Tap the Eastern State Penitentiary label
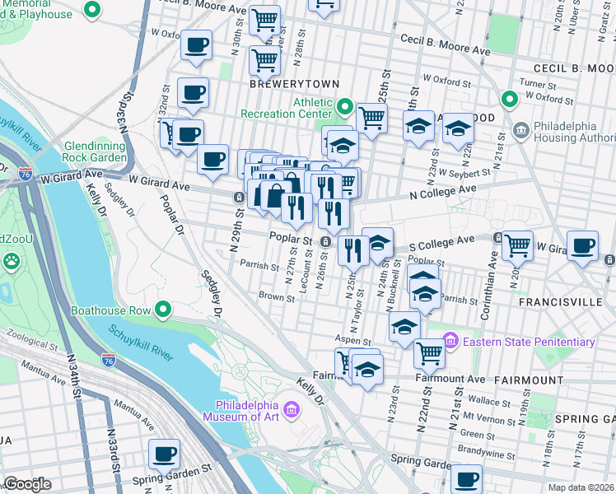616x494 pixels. pyautogui.click(x=529, y=342)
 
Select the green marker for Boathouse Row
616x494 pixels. pyautogui.click(x=163, y=310)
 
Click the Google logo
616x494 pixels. pyautogui.click(x=26, y=483)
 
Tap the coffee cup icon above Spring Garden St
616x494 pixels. pyautogui.click(x=163, y=453)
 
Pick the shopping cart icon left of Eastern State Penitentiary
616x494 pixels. pyautogui.click(x=429, y=352)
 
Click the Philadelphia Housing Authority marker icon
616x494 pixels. pyautogui.click(x=520, y=130)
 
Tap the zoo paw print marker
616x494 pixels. pyautogui.click(x=12, y=262)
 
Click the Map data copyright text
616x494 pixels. pyautogui.click(x=580, y=487)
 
